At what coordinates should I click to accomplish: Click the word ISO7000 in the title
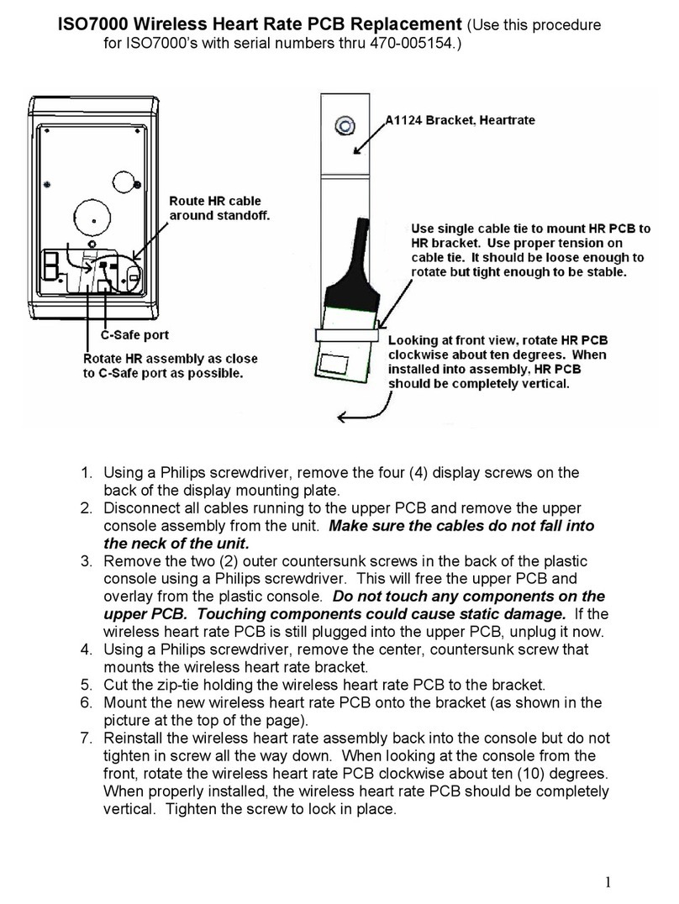(92, 24)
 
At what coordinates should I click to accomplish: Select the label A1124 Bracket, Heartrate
(460, 121)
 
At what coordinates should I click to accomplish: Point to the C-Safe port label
(134, 334)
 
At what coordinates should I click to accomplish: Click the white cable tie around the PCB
(348, 335)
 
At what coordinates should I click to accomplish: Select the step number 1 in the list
(86, 473)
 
